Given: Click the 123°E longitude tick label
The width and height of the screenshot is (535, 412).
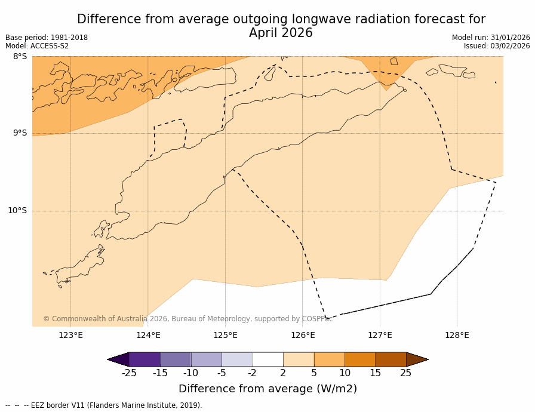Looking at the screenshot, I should tap(70, 335).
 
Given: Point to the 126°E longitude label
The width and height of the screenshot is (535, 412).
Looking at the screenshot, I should tap(303, 335).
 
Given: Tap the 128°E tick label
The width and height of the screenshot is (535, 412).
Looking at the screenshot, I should tap(457, 335).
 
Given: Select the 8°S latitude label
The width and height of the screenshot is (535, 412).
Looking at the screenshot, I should tap(20, 57).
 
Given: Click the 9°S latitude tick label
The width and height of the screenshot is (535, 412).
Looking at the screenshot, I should tap(20, 133).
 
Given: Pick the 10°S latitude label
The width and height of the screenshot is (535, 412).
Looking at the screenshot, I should tap(17, 210).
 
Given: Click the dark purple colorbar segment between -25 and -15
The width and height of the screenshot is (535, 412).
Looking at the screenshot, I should tap(144, 359).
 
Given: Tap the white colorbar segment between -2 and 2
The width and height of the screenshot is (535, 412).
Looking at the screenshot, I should tap(267, 359).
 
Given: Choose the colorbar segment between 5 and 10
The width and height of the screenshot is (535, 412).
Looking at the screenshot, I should tap(329, 359).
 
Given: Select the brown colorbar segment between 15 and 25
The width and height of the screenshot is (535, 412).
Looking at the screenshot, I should tap(391, 359).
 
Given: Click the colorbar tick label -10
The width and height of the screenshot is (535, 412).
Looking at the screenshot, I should tap(190, 373).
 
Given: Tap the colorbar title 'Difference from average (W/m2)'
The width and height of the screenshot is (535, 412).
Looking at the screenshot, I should tap(267, 389).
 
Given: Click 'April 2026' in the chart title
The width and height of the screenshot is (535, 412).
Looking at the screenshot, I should tap(281, 33).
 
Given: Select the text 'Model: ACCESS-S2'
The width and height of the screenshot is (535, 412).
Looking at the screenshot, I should tap(37, 46).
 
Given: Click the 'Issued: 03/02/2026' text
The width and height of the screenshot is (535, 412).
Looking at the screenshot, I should tap(497, 46).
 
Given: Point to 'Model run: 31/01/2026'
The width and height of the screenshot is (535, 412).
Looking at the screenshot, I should tap(491, 38).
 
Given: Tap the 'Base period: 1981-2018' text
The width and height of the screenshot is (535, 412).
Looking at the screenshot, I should tap(47, 38).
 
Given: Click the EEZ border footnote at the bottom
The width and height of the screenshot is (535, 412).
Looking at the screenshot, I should tap(104, 405).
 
